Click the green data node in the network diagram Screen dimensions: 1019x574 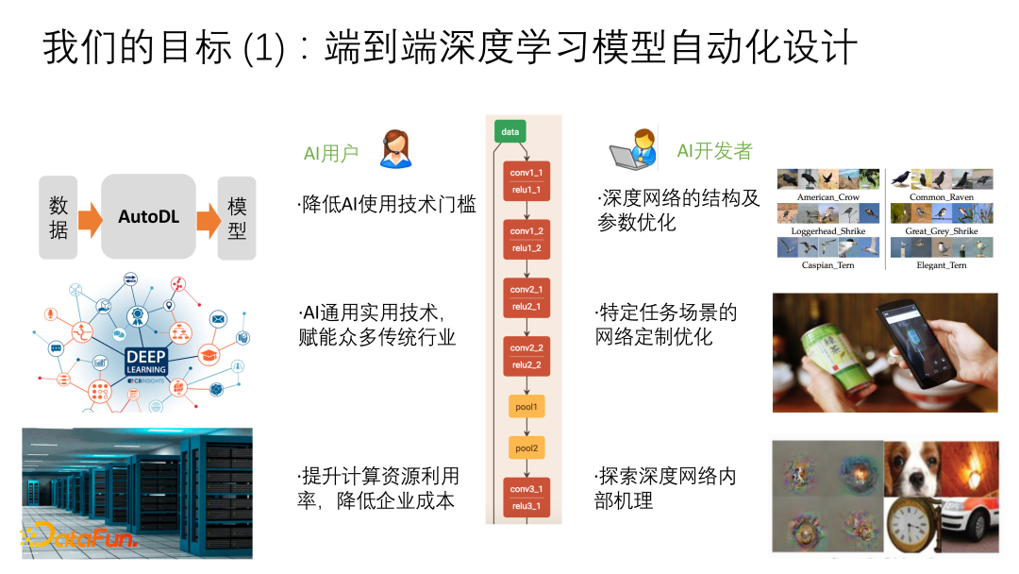coord(509,132)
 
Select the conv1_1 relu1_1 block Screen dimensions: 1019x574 coord(526,181)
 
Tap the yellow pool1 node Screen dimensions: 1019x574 coord(526,406)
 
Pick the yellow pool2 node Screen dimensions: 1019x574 coord(526,447)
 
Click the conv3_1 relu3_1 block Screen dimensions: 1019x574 coord(526,498)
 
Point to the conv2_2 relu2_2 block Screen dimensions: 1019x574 coord(526,356)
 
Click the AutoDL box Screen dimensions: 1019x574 coord(148,217)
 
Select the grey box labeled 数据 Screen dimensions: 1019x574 coord(58,217)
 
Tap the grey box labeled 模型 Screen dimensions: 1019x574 coord(236,217)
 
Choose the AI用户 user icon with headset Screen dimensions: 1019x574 coord(395,149)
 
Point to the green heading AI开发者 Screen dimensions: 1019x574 coord(714,151)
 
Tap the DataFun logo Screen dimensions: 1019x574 coord(79,536)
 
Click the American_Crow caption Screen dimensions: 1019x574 coord(827,197)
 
